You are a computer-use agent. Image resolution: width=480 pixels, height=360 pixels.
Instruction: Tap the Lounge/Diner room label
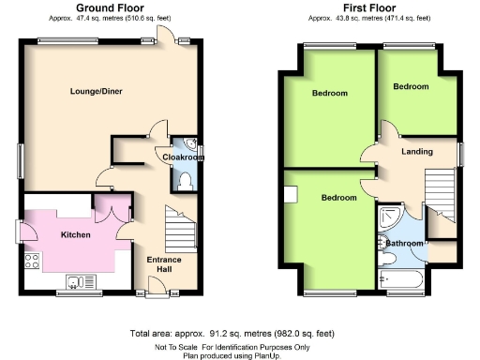coord(97,91)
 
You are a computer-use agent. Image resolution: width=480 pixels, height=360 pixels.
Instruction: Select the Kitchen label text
coord(75,234)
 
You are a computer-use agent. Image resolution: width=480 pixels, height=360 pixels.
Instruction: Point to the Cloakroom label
coord(183,157)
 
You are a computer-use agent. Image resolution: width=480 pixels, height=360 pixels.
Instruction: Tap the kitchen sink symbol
coord(77,281)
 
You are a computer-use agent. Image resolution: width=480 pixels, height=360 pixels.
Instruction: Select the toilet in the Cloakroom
coord(185,180)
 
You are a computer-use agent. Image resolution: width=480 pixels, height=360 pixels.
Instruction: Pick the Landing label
coord(416,152)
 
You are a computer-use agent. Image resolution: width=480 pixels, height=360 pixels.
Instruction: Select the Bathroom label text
coord(405,244)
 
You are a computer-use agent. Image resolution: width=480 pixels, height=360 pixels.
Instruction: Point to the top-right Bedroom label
coord(411,86)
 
